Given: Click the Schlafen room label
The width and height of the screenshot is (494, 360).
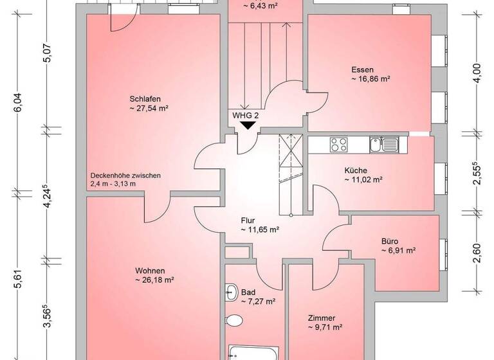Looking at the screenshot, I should coord(144,98).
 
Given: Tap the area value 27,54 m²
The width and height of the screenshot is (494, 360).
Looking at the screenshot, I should coord(149,109).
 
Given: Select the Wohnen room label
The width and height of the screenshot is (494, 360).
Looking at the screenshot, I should coord(150,270).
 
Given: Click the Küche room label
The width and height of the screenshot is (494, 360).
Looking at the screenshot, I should coord(355,170).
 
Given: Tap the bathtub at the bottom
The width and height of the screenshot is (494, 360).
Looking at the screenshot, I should coord(253,353).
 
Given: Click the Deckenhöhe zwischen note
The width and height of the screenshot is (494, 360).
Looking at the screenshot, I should coord(126,175).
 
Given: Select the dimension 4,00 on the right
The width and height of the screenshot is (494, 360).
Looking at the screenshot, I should coord(477,71).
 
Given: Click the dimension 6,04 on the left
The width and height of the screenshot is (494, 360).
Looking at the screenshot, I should coord(18,103).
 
